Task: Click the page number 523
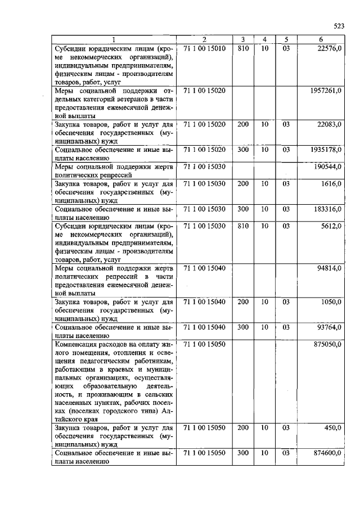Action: [338, 26]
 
